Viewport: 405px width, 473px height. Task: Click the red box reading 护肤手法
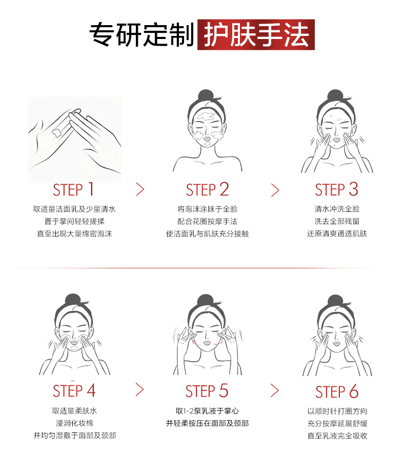pyautogui.click(x=256, y=35)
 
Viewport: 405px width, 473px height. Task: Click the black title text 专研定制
pyautogui.click(x=142, y=35)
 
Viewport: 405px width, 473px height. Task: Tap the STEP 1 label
pyautogui.click(x=74, y=190)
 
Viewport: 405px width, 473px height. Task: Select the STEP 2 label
pyautogui.click(x=207, y=190)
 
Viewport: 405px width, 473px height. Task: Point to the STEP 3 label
pyautogui.click(x=336, y=190)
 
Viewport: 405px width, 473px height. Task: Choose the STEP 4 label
pyautogui.click(x=74, y=391)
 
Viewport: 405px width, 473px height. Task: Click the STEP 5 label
pyautogui.click(x=207, y=391)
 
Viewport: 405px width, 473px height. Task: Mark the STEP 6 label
pyautogui.click(x=336, y=392)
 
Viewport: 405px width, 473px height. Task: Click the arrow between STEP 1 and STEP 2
pyautogui.click(x=140, y=190)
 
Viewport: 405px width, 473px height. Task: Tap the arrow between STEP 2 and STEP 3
pyautogui.click(x=275, y=190)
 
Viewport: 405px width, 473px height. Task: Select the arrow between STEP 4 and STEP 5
pyautogui.click(x=140, y=390)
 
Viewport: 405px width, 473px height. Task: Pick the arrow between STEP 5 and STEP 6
pyautogui.click(x=275, y=390)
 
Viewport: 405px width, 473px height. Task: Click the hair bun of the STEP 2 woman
pyautogui.click(x=206, y=96)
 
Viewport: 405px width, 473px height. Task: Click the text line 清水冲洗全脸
pyautogui.click(x=337, y=209)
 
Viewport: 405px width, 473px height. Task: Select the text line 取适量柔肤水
pyautogui.click(x=74, y=411)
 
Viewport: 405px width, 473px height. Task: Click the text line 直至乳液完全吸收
pyautogui.click(x=337, y=436)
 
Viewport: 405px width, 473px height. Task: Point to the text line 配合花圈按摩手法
pyautogui.click(x=207, y=221)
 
